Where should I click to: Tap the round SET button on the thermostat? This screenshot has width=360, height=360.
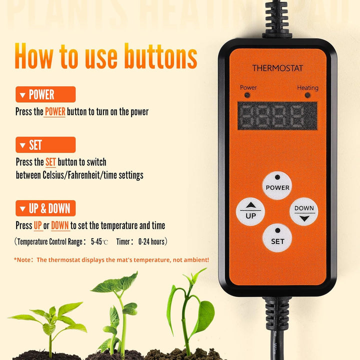pyautogui.click(x=277, y=238)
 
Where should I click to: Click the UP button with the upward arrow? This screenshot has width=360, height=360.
pyautogui.click(x=250, y=211)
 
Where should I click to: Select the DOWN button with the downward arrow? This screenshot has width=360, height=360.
pyautogui.click(x=304, y=211)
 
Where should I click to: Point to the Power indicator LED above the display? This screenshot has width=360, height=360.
pyautogui.click(x=247, y=95)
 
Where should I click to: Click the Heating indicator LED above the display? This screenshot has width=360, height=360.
pyautogui.click(x=307, y=95)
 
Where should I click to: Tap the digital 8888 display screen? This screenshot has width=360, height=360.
pyautogui.click(x=277, y=115)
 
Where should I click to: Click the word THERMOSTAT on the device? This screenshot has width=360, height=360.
pyautogui.click(x=277, y=68)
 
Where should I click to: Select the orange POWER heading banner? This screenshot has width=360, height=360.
pyautogui.click(x=45, y=94)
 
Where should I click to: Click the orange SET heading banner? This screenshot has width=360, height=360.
pyautogui.click(x=45, y=144)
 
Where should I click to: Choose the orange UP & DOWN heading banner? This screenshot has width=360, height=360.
pyautogui.click(x=45, y=208)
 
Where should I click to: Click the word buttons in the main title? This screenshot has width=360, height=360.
pyautogui.click(x=160, y=56)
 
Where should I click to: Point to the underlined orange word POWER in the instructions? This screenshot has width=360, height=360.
pyautogui.click(x=55, y=112)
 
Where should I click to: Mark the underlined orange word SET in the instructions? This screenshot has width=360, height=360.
pyautogui.click(x=50, y=162)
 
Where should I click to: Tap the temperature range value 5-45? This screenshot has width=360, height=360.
pyautogui.click(x=96, y=241)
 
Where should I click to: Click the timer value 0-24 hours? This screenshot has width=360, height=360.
pyautogui.click(x=151, y=241)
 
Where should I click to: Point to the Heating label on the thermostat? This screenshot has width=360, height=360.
pyautogui.click(x=307, y=87)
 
